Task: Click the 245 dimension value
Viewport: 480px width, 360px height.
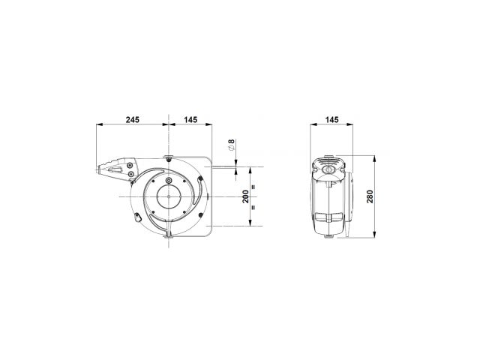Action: pos(132,119)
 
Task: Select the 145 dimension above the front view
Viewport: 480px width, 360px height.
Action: pos(190,119)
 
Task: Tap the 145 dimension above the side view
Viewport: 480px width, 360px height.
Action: pos(331,119)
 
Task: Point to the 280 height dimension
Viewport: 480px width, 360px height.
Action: pos(370,196)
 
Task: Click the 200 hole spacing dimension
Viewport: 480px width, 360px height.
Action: pos(246,196)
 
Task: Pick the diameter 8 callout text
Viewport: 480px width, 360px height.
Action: pos(232,145)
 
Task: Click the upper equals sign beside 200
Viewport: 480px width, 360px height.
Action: pos(253,187)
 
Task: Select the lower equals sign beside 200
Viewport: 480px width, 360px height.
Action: pos(253,207)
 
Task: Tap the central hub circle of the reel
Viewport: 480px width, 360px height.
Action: pos(169,196)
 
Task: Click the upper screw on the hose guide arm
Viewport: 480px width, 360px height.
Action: pos(130,166)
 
